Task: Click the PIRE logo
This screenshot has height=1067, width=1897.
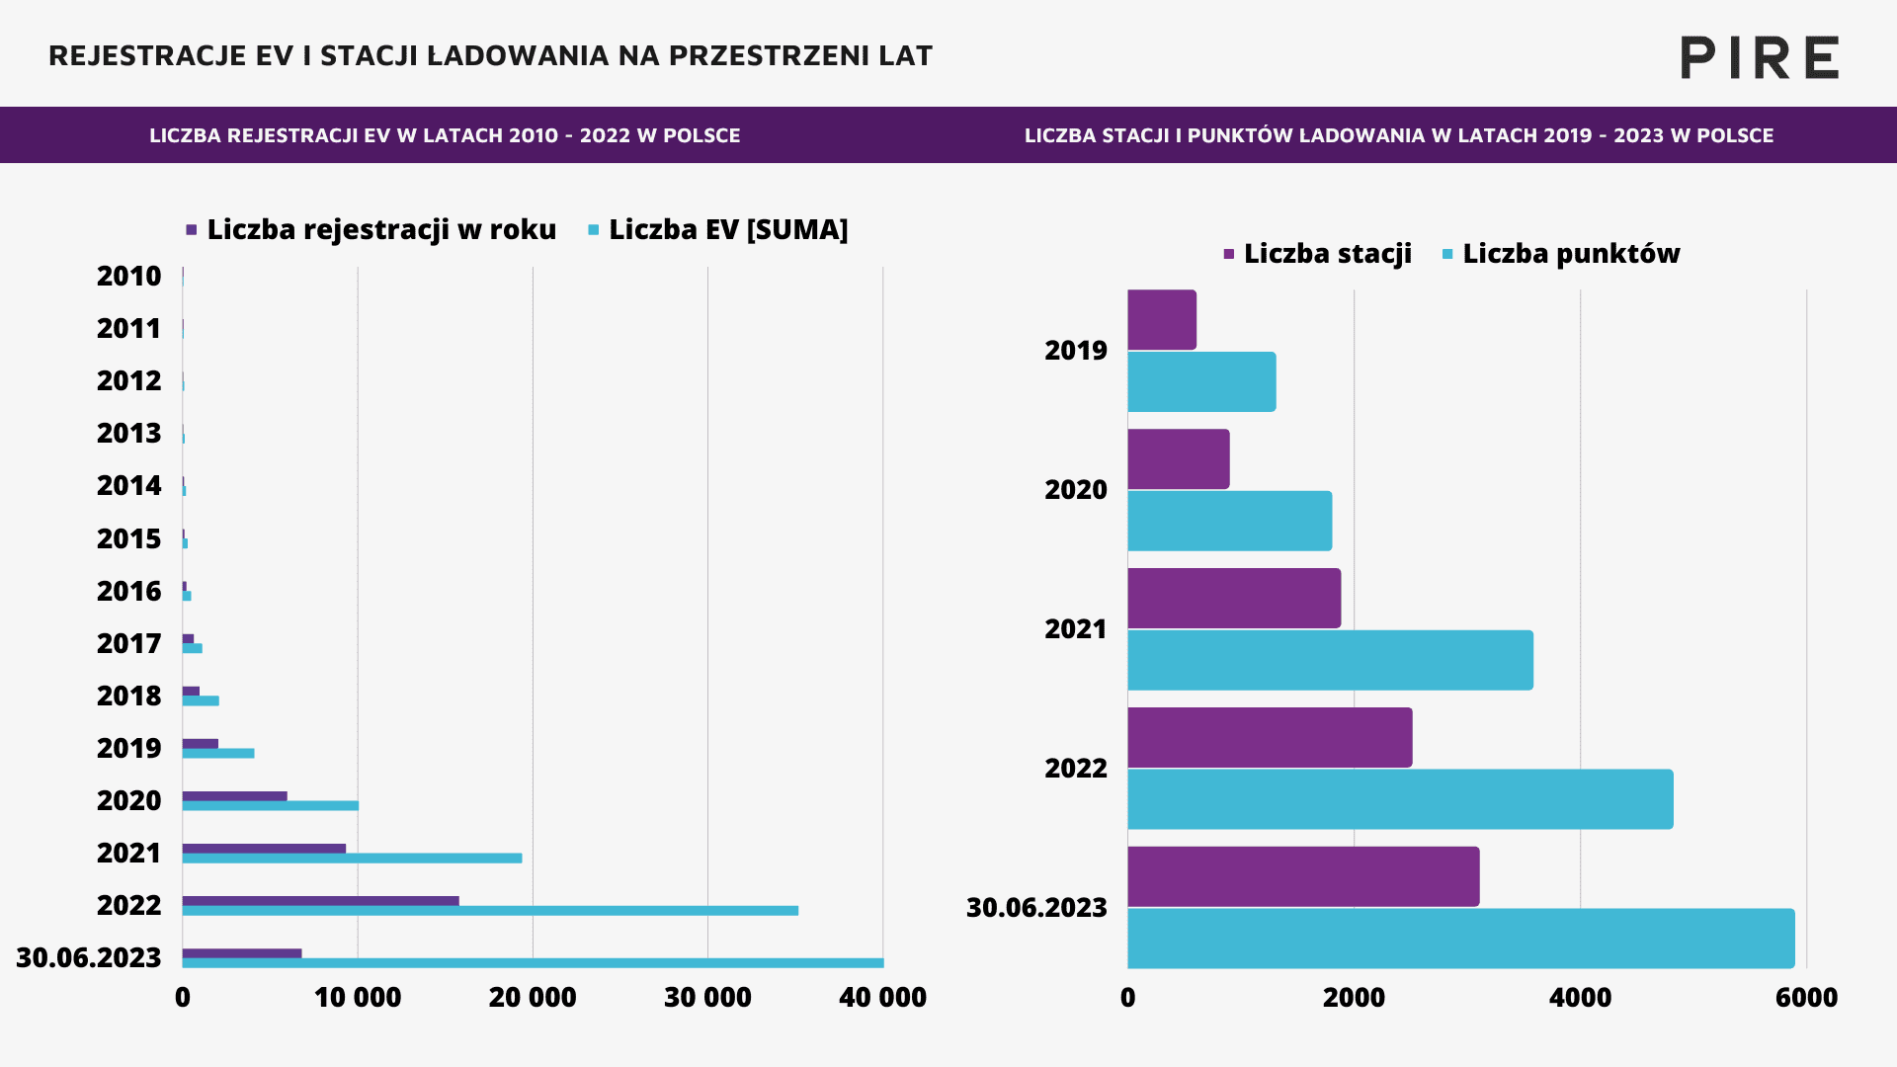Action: pyautogui.click(x=1760, y=57)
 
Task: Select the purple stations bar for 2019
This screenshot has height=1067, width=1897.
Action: pyautogui.click(x=1162, y=320)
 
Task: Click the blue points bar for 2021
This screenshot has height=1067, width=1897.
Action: pyautogui.click(x=1330, y=660)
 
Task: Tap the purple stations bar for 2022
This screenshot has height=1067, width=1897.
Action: pyautogui.click(x=1270, y=737)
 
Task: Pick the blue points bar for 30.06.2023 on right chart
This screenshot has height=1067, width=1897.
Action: pyautogui.click(x=1460, y=939)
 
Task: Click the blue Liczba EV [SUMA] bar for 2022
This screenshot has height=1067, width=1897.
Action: pyautogui.click(x=490, y=911)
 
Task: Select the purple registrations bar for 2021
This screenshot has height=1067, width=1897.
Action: pyautogui.click(x=264, y=848)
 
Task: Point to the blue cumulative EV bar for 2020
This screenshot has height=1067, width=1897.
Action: pyautogui.click(x=271, y=806)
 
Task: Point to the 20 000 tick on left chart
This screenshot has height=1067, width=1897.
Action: pyautogui.click(x=533, y=998)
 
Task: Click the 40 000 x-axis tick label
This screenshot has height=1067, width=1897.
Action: pyautogui.click(x=882, y=998)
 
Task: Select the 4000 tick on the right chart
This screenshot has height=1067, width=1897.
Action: pyautogui.click(x=1580, y=998)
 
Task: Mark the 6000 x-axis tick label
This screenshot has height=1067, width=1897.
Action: pyautogui.click(x=1806, y=998)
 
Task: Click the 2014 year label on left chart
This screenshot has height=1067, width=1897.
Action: pyautogui.click(x=128, y=486)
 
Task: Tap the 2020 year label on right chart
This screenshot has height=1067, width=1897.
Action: pyautogui.click(x=1076, y=490)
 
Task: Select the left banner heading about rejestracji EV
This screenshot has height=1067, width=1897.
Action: pyautogui.click(x=445, y=135)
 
